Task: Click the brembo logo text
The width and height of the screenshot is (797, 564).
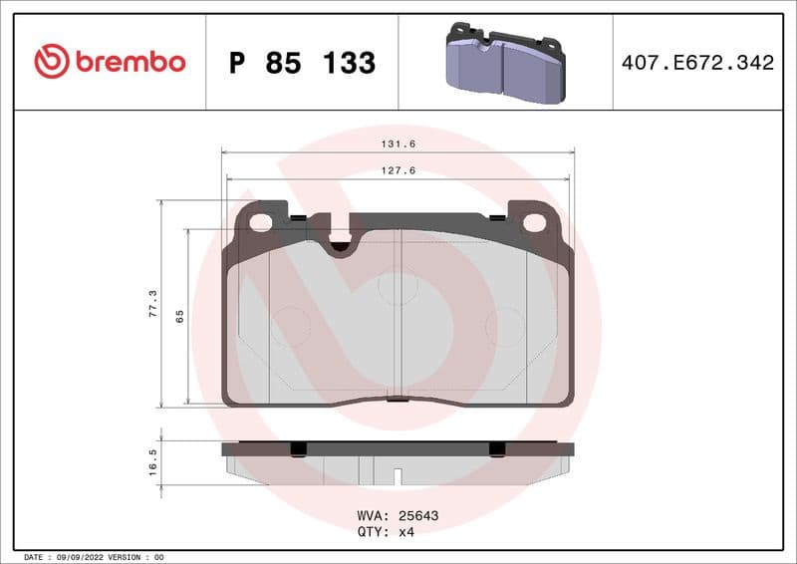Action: click(131, 62)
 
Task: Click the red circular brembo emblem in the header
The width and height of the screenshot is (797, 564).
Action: click(52, 62)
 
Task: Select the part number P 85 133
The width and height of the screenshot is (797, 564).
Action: click(302, 63)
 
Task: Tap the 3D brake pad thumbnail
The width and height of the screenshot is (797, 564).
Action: click(504, 64)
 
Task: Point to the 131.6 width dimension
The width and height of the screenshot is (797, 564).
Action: click(398, 144)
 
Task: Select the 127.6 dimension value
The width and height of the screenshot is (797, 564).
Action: click(398, 170)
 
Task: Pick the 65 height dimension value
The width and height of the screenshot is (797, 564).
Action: click(180, 316)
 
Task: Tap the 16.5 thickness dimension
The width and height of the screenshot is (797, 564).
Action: click(152, 463)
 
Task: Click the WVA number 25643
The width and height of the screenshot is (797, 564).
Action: click(418, 516)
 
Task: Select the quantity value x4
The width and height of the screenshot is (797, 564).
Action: click(405, 531)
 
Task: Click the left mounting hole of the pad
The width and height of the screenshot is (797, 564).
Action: click(261, 222)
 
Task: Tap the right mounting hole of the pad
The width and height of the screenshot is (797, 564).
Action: click(535, 222)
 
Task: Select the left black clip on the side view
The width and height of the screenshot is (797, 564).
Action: click(296, 449)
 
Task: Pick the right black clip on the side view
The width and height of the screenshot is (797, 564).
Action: click(497, 449)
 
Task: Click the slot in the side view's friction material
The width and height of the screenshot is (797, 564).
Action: click(397, 476)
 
